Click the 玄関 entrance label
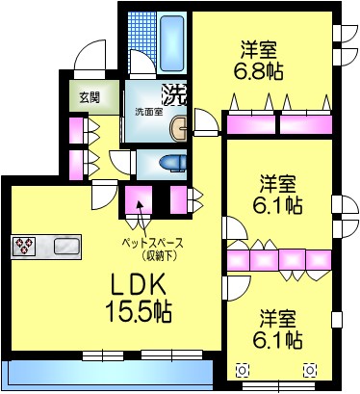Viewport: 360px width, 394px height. (90, 96)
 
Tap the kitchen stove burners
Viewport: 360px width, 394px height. (25, 247)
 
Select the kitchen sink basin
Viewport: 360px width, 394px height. (64, 247)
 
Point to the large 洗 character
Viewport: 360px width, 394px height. (174, 94)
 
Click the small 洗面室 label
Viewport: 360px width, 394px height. (148, 112)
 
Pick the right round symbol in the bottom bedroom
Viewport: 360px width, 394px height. (310, 369)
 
